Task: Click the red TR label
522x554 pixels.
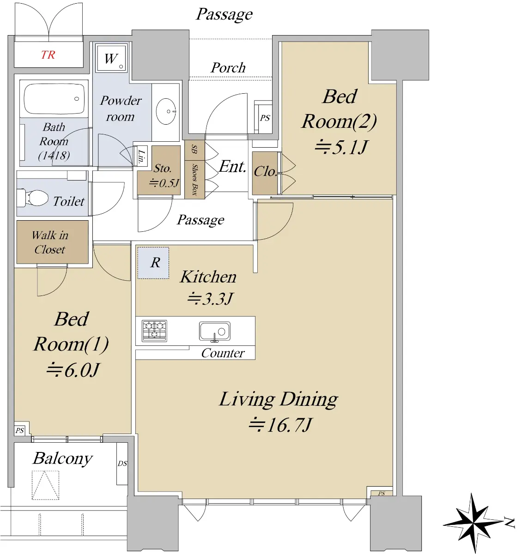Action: pos(48,54)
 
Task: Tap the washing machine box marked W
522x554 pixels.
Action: pos(111,58)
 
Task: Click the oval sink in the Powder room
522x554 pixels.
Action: pos(166,111)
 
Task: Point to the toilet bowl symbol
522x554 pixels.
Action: pos(32,198)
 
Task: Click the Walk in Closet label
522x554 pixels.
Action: pos(50,242)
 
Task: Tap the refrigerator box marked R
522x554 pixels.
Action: pos(153,263)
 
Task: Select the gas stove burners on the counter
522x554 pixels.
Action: pos(154,331)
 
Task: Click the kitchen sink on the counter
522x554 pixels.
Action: pos(215,331)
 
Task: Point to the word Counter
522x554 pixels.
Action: pos(223,353)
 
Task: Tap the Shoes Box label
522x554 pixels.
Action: pos(195,180)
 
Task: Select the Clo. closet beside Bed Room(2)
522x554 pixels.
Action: pos(265,173)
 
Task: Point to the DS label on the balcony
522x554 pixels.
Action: pos(122,464)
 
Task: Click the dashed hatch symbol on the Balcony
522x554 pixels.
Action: pos(45,485)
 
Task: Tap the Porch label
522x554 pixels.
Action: pos(228,68)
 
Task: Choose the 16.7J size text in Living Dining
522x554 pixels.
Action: pos(280,425)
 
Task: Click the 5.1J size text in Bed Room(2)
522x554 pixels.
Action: pos(341,147)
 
